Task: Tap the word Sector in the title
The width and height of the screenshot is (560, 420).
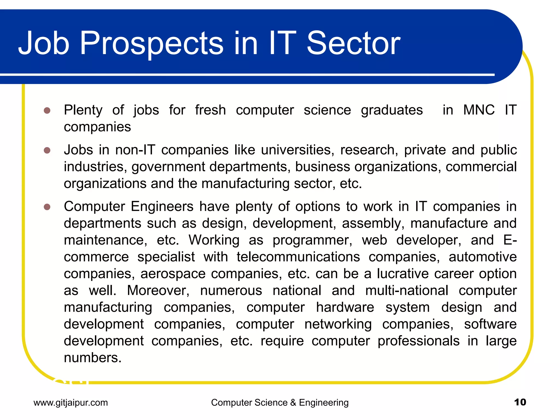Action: click(353, 43)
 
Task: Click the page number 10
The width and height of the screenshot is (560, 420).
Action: click(520, 402)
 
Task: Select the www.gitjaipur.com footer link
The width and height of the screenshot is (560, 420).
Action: click(71, 402)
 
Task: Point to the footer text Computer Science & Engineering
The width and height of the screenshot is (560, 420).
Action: click(280, 402)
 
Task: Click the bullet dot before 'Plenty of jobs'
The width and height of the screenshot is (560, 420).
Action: click(47, 110)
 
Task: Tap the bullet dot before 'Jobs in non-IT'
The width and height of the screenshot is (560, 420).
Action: click(47, 150)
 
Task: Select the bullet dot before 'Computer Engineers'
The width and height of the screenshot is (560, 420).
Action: click(47, 207)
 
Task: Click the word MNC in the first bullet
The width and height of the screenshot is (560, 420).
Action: click(479, 110)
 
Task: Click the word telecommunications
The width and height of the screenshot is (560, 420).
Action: click(298, 257)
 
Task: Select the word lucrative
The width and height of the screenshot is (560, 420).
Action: click(402, 274)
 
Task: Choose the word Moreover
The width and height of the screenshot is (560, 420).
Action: click(158, 290)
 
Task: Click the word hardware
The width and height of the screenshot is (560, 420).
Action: click(345, 307)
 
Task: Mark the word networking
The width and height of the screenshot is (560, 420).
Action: click(338, 324)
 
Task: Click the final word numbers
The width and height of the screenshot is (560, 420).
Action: click(92, 358)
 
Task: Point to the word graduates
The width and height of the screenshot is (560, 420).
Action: click(392, 110)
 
